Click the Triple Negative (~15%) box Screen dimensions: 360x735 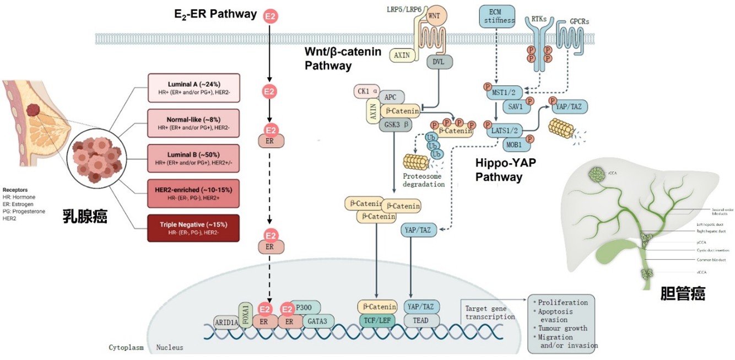point(193,228)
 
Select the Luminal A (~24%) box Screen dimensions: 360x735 point(193,87)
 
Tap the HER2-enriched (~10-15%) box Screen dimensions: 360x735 point(193,193)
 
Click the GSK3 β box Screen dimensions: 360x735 point(393,125)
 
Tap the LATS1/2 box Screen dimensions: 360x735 point(501,130)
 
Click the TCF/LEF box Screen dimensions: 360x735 point(377,320)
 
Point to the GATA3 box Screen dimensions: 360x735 point(317,320)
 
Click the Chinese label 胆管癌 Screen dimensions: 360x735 point(683,294)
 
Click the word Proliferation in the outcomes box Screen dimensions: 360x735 point(563,302)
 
